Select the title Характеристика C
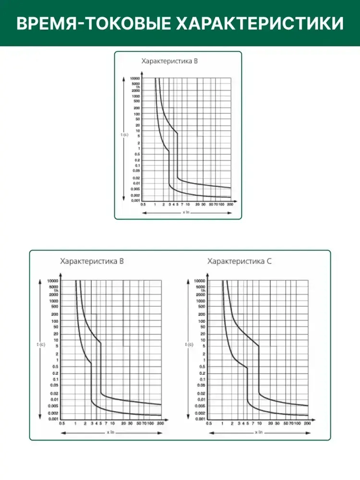pos(239,261)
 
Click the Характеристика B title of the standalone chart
pos(170,61)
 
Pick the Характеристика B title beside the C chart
pos(92,261)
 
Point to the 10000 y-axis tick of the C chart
pos(199,281)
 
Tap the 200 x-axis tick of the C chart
pos(307,423)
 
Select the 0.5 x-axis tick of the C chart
pos(209,423)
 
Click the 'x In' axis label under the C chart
pos(259,432)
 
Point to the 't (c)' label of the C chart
pos(189,345)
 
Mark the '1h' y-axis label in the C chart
pos(203,291)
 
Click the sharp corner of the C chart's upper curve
pos(259,346)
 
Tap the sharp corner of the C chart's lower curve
pos(247,368)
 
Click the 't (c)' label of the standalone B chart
pos(124,135)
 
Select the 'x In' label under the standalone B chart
pos(186,212)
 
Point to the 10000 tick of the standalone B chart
pos(135,78)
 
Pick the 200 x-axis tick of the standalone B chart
pos(230,205)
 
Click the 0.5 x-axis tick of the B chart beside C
pos(62,423)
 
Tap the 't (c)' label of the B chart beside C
pos(41,345)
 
